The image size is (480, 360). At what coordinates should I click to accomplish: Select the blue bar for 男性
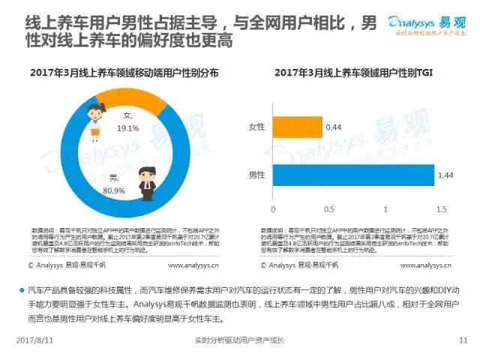click(x=352, y=176)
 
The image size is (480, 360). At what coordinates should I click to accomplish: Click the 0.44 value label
click(x=334, y=127)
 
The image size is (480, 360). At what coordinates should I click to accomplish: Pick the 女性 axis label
click(x=257, y=126)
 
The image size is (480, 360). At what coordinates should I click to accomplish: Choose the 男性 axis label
click(x=257, y=175)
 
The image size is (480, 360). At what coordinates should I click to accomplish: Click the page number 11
click(x=462, y=340)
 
